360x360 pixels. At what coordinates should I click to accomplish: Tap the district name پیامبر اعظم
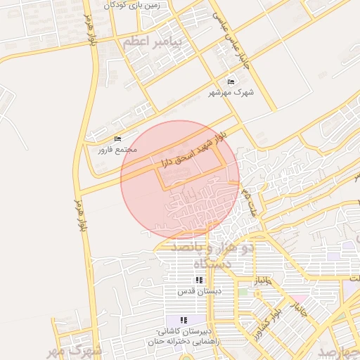point(153,42)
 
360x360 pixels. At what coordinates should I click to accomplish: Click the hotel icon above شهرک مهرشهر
point(231,82)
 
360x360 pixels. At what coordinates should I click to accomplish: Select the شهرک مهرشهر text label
point(231,93)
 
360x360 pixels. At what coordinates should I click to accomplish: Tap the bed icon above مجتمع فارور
point(117,139)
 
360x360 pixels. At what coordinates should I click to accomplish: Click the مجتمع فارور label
point(117,149)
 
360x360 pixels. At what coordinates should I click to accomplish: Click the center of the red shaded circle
point(180,180)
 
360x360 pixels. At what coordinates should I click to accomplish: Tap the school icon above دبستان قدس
point(199,280)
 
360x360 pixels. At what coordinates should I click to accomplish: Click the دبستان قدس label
point(199,290)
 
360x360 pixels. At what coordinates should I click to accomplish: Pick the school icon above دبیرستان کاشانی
point(184,321)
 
